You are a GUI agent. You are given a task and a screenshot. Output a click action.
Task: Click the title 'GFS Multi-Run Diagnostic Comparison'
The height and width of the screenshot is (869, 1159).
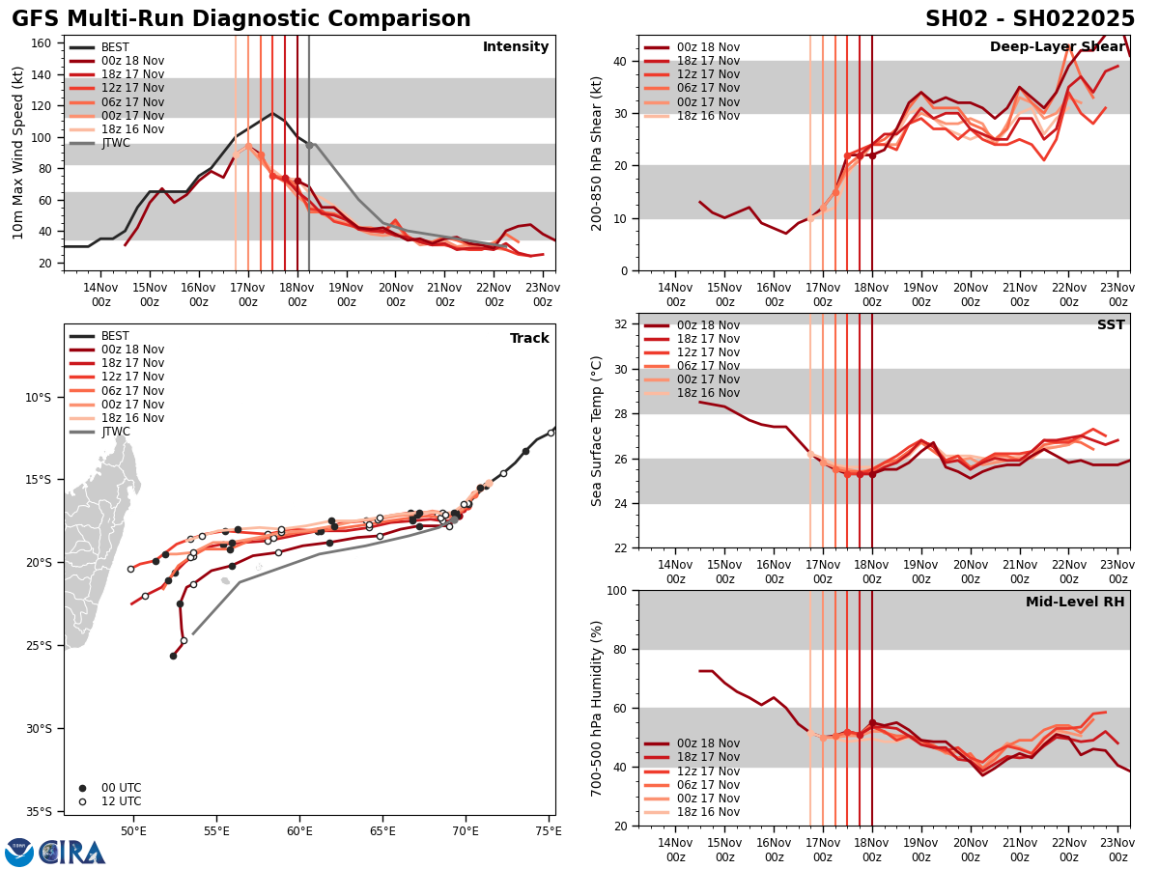point(241,19)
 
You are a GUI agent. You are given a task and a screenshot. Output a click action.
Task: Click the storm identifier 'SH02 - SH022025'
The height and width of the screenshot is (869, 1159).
point(1030,19)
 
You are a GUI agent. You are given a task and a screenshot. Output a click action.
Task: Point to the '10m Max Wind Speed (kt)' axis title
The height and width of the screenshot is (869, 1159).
point(18,153)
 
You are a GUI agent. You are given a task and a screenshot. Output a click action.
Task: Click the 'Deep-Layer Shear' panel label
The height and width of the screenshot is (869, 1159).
point(1057,47)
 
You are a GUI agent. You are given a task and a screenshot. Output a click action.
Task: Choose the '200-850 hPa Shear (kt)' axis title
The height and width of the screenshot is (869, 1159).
point(597,153)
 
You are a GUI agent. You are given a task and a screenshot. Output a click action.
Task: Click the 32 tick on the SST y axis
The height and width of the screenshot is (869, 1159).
point(622,324)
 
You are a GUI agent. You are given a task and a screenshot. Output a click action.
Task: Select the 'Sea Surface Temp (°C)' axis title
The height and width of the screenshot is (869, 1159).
point(597,431)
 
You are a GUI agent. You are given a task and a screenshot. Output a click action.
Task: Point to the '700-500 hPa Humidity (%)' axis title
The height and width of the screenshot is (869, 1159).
point(597,708)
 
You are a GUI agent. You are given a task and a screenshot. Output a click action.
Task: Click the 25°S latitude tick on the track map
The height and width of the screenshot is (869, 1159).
point(38,646)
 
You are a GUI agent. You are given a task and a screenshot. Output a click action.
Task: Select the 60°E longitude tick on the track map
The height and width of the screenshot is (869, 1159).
point(299,830)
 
